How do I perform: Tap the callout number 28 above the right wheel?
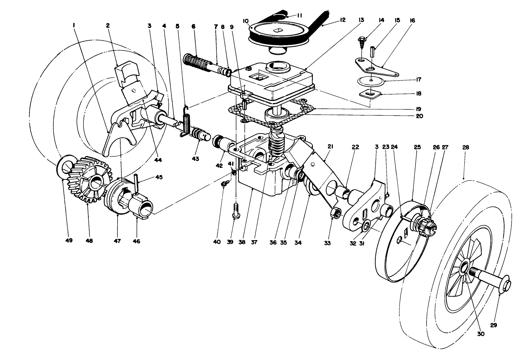point(465,148)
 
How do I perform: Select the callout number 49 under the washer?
point(68,240)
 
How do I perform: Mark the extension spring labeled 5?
point(186,121)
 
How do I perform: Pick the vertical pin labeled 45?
point(136,183)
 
